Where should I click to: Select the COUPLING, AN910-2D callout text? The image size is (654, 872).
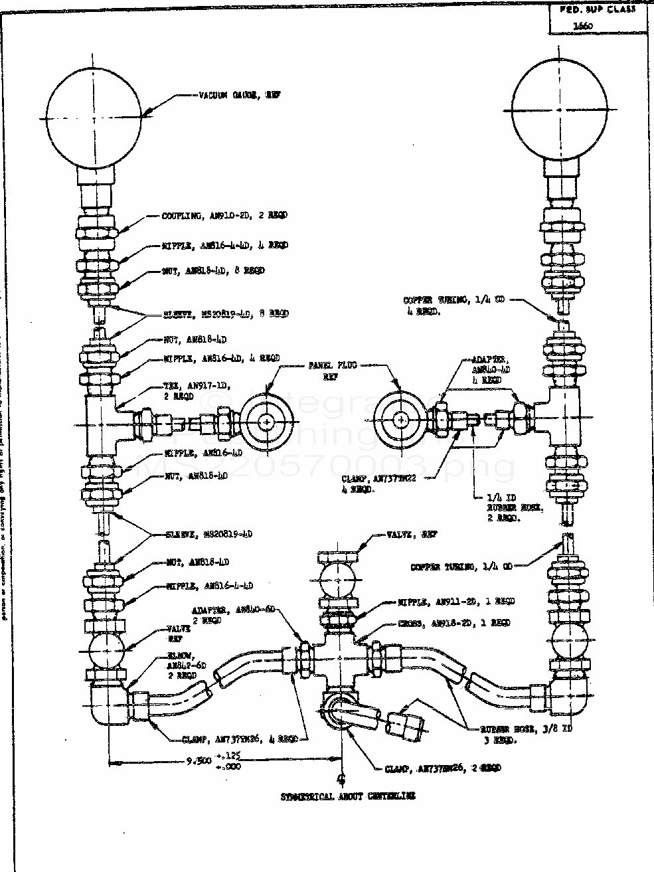click(224, 216)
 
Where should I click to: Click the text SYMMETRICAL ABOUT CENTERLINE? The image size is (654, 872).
click(347, 796)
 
